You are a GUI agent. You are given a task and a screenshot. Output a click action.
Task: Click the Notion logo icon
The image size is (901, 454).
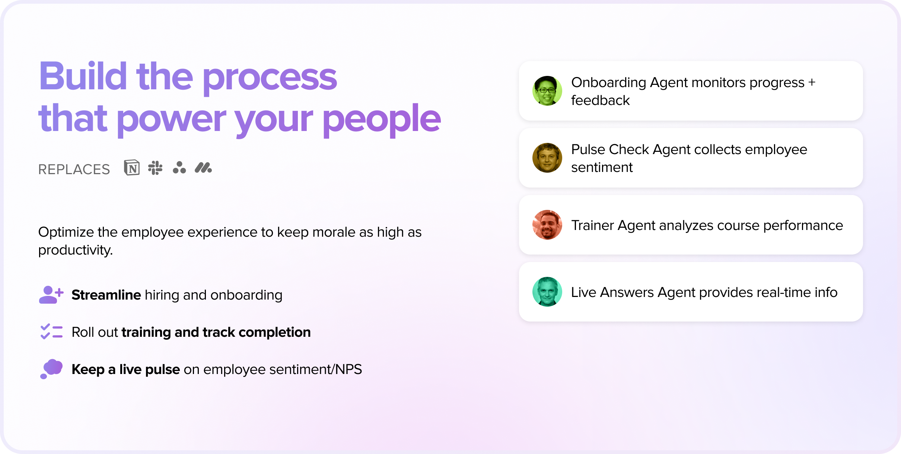tap(132, 168)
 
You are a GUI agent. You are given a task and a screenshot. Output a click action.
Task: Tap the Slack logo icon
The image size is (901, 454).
tap(155, 168)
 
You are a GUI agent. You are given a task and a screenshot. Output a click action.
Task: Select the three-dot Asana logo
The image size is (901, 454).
tap(179, 168)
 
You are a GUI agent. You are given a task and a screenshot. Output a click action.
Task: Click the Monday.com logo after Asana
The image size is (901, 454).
tap(203, 168)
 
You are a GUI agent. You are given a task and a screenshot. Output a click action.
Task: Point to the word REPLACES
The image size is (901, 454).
tap(74, 169)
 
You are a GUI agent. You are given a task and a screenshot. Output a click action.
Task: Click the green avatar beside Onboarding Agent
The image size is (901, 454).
tap(547, 91)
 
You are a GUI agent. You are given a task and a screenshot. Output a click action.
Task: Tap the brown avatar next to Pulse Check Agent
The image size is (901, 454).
tap(547, 158)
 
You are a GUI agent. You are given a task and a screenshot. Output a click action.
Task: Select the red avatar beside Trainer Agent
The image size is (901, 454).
tap(547, 225)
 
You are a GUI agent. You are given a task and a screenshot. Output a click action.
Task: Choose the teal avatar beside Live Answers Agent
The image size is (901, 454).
tap(547, 292)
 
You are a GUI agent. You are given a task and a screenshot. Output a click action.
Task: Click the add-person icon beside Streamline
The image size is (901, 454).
tap(51, 295)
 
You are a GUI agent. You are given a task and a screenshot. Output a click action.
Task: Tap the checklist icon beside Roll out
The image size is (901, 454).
tap(51, 332)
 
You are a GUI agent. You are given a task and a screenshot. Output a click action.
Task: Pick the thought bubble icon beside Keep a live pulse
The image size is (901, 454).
tap(51, 369)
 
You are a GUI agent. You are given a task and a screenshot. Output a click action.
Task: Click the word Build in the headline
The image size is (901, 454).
tap(83, 76)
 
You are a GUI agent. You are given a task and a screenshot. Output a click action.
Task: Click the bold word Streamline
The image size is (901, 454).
tap(106, 295)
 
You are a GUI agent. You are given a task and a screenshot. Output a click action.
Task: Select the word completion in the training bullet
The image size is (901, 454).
tap(275, 332)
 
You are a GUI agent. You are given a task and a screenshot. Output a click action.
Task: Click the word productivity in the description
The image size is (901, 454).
tap(76, 250)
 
